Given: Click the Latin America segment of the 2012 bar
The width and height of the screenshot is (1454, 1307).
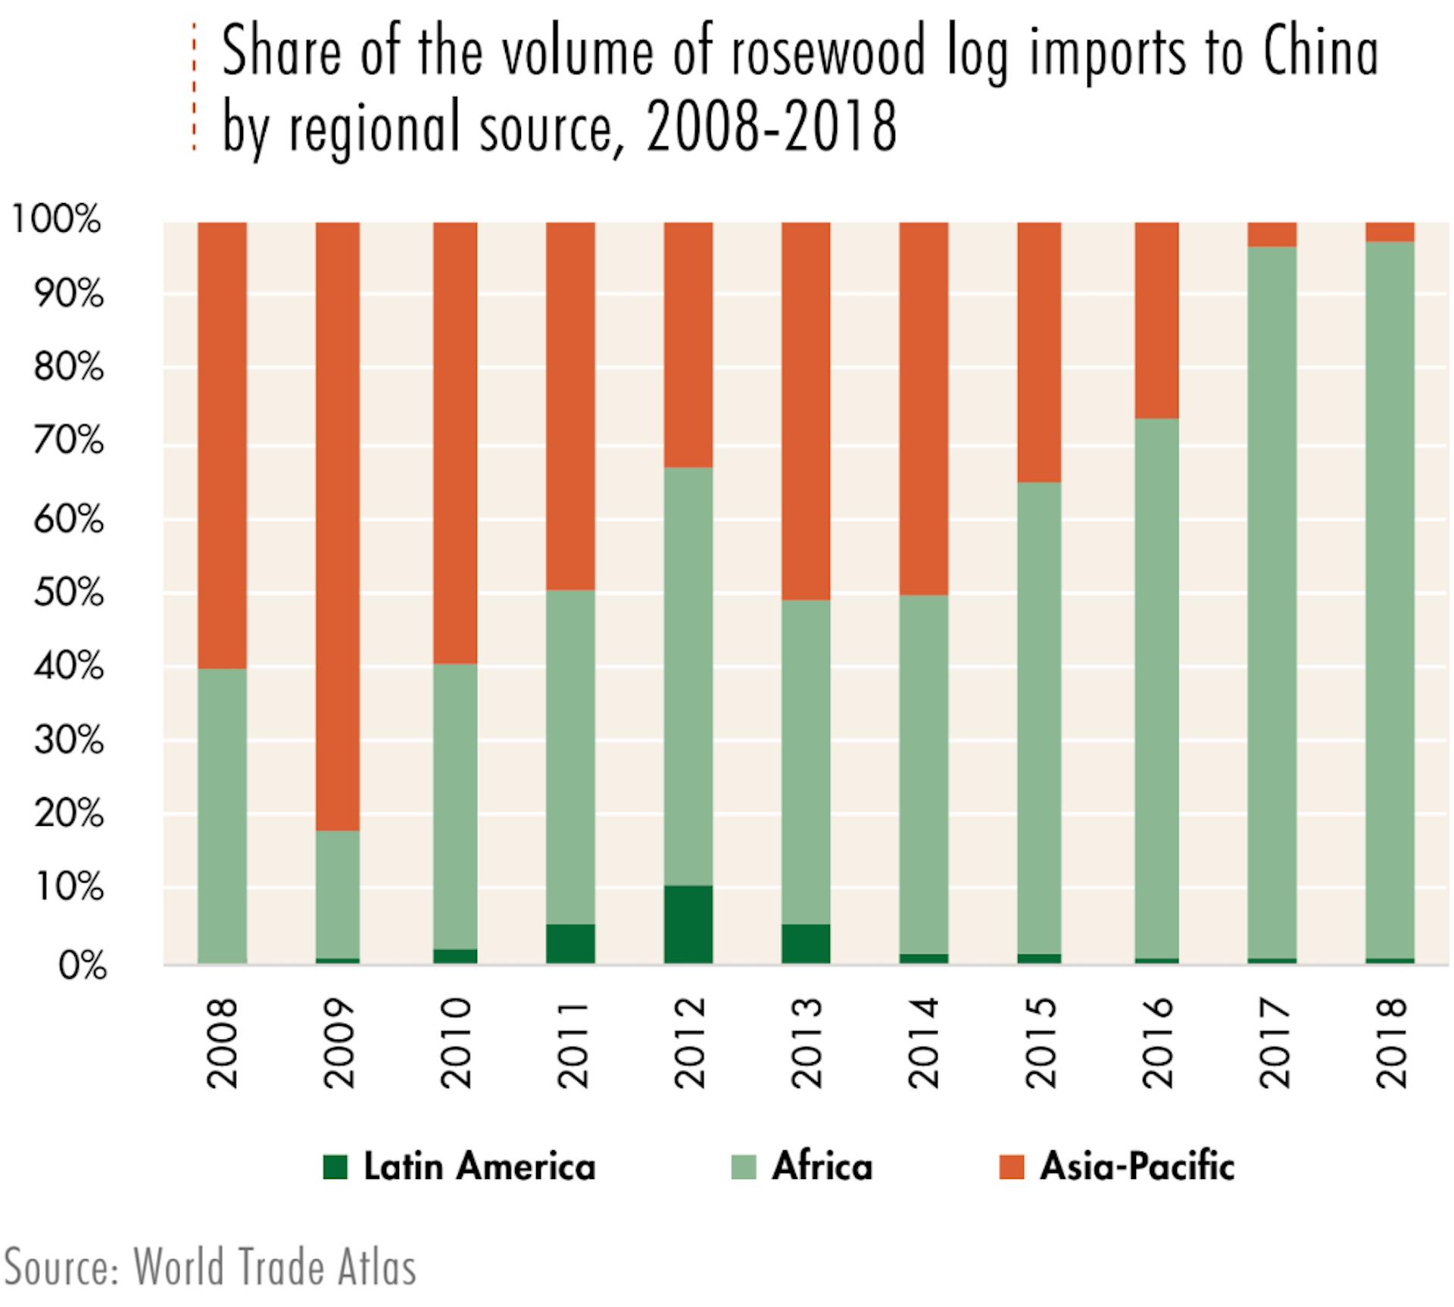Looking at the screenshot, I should pyautogui.click(x=688, y=924).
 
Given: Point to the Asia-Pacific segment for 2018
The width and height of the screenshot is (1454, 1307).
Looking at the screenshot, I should pyautogui.click(x=1390, y=232).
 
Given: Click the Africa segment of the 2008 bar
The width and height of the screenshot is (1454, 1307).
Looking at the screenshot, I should pyautogui.click(x=222, y=815).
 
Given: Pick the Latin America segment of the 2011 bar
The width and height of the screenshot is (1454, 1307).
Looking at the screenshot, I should pyautogui.click(x=570, y=943).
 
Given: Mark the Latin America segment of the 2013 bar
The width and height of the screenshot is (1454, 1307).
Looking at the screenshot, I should pyautogui.click(x=805, y=943).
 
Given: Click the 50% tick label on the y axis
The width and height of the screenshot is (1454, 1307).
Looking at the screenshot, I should pyautogui.click(x=68, y=593).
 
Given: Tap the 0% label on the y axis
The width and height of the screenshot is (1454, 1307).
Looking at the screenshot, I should pyautogui.click(x=82, y=966).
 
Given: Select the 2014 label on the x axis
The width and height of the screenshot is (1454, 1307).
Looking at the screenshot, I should pyautogui.click(x=923, y=1043).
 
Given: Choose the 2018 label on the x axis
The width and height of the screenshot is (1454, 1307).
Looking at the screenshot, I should pyautogui.click(x=1391, y=1043).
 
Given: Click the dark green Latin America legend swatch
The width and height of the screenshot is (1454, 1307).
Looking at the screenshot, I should pyautogui.click(x=335, y=1167).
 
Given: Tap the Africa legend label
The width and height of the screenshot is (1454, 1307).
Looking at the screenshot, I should pyautogui.click(x=822, y=1167).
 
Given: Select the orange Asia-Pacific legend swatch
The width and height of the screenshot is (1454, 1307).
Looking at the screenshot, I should pyautogui.click(x=1011, y=1167).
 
